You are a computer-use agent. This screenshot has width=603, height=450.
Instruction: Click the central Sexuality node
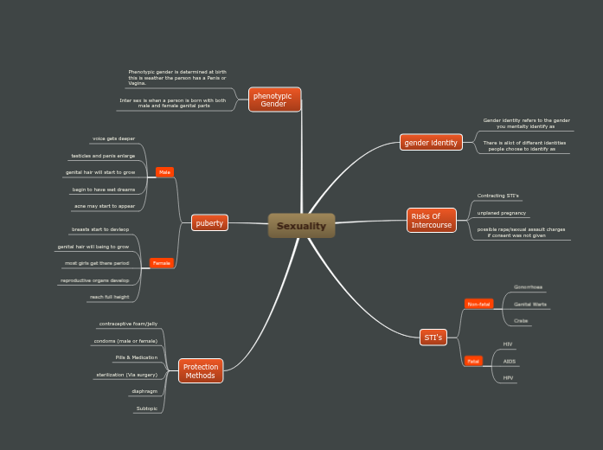(301, 226)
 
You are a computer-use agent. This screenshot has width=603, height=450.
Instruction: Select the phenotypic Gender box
(274, 100)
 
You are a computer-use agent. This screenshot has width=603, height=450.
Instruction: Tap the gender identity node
(431, 142)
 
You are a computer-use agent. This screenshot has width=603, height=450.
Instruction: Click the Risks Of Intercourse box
(432, 220)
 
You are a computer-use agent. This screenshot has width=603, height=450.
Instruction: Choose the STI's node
(433, 337)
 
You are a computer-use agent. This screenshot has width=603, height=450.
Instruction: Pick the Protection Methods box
(200, 371)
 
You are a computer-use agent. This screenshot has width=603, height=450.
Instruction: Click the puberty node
(209, 223)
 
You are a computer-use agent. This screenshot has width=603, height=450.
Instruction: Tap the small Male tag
(164, 172)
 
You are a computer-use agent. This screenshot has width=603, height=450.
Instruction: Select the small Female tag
(161, 262)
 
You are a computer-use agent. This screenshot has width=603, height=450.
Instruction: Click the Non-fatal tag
(478, 304)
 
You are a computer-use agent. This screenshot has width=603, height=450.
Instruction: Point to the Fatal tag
(473, 361)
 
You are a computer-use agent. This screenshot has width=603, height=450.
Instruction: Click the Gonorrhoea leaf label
(528, 286)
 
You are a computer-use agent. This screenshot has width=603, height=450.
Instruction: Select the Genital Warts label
(530, 305)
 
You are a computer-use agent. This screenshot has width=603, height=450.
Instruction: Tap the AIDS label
(509, 361)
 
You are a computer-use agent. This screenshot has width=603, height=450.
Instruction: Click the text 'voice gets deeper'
(113, 138)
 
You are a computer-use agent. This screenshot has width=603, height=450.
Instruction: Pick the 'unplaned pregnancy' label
(501, 213)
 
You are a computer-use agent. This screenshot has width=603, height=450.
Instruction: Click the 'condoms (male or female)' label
(125, 341)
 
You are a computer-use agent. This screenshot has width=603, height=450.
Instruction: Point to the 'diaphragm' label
(144, 391)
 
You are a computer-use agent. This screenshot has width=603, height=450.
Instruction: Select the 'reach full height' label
(109, 297)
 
